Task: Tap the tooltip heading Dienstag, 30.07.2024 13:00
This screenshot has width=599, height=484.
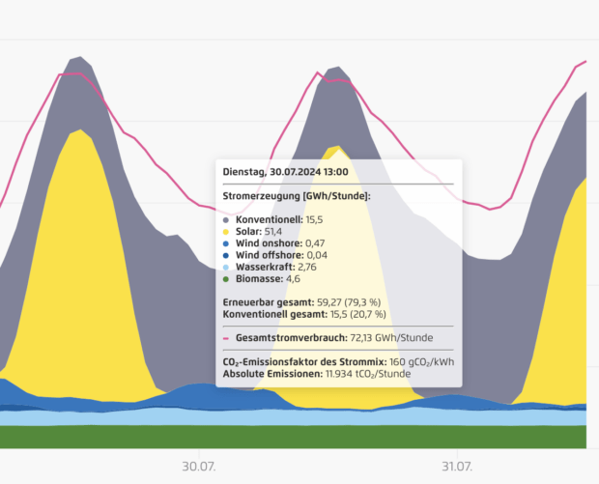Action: coord(285,171)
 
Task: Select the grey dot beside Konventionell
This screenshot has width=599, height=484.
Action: coord(227,220)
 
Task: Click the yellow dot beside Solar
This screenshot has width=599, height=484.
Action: coord(227,232)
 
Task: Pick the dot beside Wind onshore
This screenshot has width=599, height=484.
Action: coord(227,243)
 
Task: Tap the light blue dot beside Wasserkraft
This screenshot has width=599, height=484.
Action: coord(227,267)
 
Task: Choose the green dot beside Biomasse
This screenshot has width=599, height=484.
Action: coord(227,278)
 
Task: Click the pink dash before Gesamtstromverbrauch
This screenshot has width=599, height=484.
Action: coord(227,338)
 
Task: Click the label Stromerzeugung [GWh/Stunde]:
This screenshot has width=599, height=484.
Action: coord(297,195)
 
